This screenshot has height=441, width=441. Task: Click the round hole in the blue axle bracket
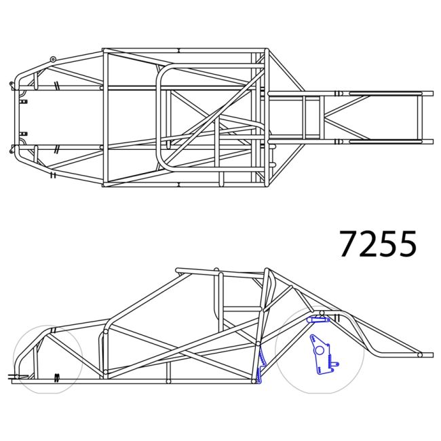point(317,350)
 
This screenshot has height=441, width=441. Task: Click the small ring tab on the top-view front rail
point(53,60)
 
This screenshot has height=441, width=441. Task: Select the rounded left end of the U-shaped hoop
point(160,118)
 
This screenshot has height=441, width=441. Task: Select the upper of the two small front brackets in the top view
point(24,101)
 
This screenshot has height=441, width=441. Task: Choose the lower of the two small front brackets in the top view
point(24,133)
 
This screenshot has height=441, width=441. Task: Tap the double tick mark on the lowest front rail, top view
point(52,174)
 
